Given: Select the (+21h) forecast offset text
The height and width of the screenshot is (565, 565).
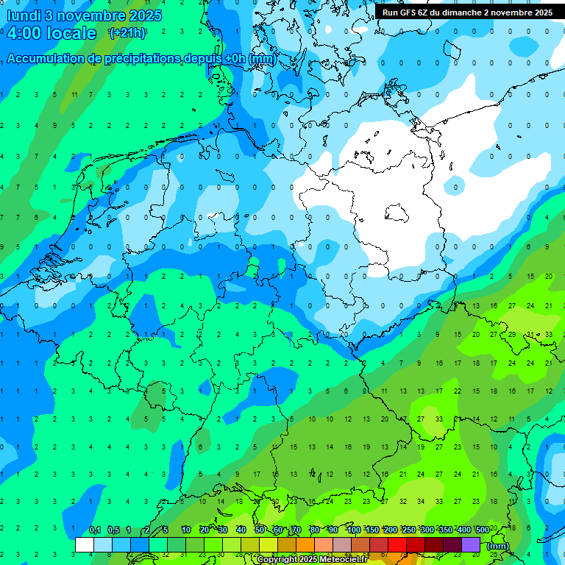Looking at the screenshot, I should coord(127,32).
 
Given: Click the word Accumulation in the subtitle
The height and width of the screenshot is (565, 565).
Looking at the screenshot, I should coord(46,59).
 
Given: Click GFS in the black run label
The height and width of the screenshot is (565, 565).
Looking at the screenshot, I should coord(410,13).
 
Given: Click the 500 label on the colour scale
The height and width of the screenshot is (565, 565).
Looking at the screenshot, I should coord(482,530).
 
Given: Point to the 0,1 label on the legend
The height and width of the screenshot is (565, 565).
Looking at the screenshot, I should coord(95,530).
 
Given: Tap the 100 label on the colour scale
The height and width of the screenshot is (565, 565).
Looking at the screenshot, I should coord(354,530).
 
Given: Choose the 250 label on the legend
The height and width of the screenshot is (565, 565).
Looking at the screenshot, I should coord(409,530).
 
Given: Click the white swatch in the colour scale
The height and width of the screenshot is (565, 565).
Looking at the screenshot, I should coord(85,544).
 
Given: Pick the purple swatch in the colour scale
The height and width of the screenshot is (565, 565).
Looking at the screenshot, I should coord(471,544).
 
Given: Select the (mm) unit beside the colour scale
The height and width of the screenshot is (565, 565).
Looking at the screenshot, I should coord(498,546).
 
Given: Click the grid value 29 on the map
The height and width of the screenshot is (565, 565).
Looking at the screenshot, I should coord(513,334).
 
